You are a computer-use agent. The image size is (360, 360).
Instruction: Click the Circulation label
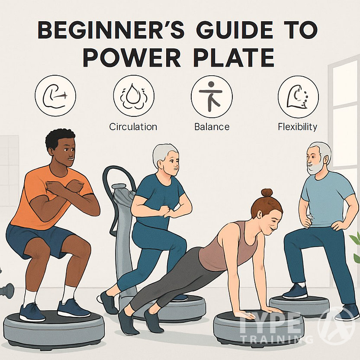click(x=133, y=127)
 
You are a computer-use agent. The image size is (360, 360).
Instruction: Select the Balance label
click(x=212, y=127)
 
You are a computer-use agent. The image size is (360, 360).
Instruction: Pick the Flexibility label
click(x=298, y=127)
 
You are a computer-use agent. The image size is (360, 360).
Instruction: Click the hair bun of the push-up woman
click(x=267, y=193)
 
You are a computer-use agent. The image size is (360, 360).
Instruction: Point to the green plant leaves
click(x=356, y=247)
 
